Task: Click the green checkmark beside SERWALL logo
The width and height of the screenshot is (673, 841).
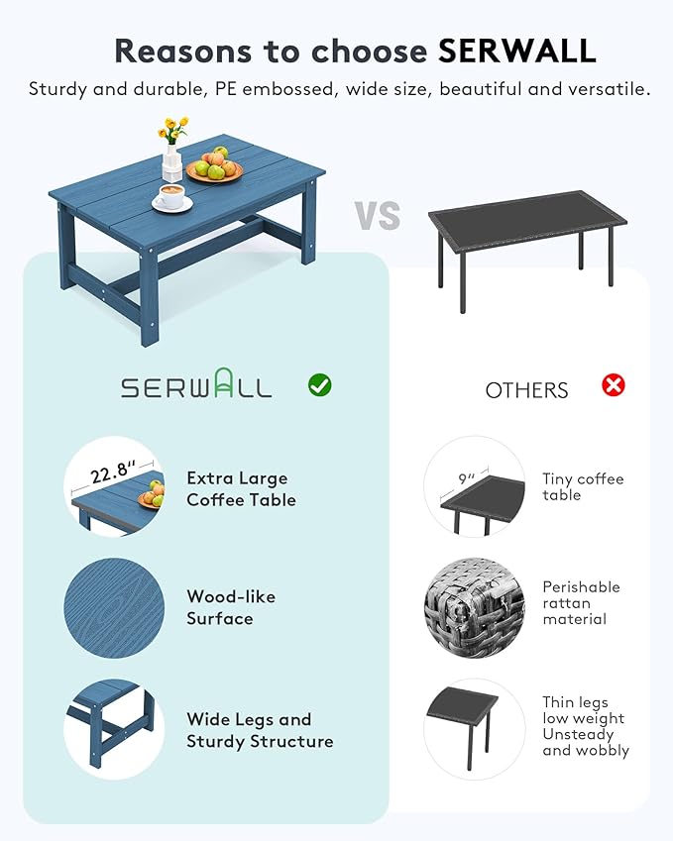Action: [319, 384]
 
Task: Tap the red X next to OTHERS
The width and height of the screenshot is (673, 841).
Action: [614, 384]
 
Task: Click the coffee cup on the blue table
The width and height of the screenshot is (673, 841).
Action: [171, 197]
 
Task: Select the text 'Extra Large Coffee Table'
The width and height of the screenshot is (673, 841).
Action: [241, 489]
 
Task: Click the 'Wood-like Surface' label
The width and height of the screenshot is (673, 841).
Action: [231, 607]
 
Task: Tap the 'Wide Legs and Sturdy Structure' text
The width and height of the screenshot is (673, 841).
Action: [260, 730]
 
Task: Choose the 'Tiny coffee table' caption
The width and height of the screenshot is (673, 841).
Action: [583, 486]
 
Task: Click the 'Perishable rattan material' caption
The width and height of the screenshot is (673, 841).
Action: [581, 602]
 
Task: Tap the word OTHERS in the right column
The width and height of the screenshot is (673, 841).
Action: [526, 390]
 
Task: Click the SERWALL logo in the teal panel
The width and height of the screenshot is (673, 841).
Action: [196, 386]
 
